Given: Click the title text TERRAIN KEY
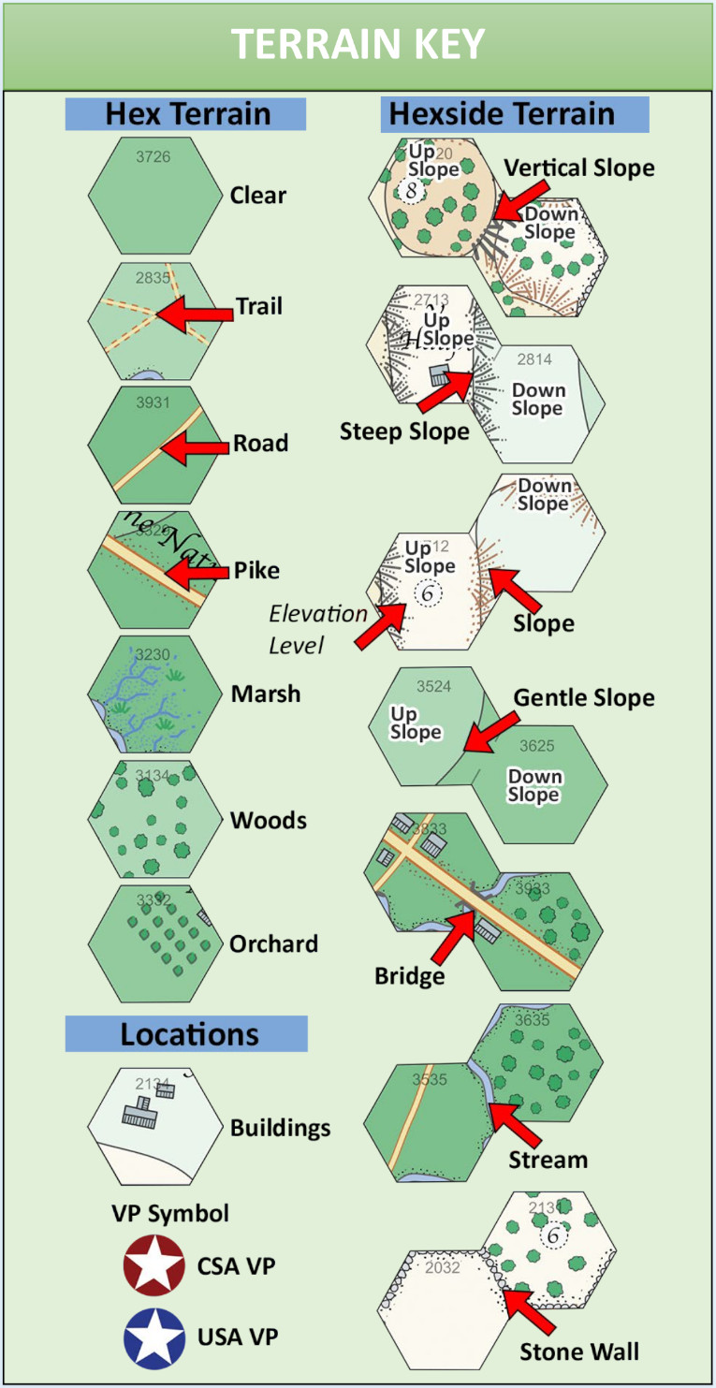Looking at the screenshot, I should (x=358, y=44).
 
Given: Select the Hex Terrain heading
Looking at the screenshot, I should (x=186, y=113).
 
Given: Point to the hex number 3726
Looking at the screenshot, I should (x=153, y=157).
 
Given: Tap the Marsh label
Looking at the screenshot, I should (x=266, y=694).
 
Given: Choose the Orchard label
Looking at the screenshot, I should (x=273, y=943).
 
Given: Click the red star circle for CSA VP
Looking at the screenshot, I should (x=153, y=1265).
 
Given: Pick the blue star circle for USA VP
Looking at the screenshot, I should (x=153, y=1337).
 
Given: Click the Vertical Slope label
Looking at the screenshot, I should (x=579, y=168).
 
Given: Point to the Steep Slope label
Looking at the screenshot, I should (x=404, y=431).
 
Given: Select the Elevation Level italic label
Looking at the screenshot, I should (x=317, y=629).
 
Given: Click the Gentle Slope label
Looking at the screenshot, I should (x=584, y=697).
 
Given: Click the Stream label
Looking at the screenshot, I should (x=548, y=1160).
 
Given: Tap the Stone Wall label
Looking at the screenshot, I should (x=579, y=1351).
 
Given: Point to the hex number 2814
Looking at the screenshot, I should (x=534, y=358).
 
